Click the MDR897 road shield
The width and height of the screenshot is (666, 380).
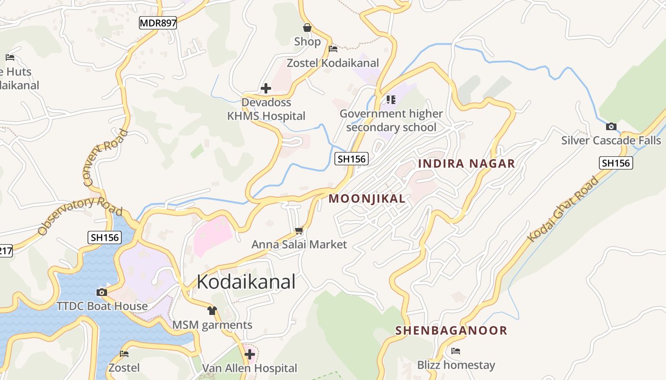tap(158, 22)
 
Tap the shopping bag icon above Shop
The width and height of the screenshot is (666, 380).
tap(307, 28)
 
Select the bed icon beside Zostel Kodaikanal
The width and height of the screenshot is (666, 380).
tap(333, 48)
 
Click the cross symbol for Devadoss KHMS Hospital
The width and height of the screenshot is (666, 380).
tap(266, 88)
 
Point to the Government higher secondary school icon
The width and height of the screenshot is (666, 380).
tap(391, 99)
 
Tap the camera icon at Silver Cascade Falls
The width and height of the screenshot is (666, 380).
tap(611, 126)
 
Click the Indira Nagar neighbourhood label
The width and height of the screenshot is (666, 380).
tap(466, 164)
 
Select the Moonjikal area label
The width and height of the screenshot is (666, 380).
tap(367, 199)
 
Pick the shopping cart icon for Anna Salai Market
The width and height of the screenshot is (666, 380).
tap(299, 231)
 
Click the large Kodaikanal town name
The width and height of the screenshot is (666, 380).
tap(246, 282)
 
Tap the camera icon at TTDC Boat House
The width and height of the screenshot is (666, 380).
tap(101, 292)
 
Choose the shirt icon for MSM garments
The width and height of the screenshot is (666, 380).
tap(212, 311)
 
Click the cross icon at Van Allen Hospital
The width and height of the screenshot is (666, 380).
tap(250, 354)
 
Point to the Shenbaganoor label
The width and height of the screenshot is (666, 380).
tap(451, 330)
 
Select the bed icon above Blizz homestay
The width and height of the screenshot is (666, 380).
tap(456, 351)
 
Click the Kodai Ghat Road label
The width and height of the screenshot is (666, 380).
tap(564, 209)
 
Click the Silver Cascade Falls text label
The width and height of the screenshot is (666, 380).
tap(611, 141)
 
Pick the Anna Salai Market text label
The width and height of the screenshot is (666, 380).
tap(299, 245)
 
